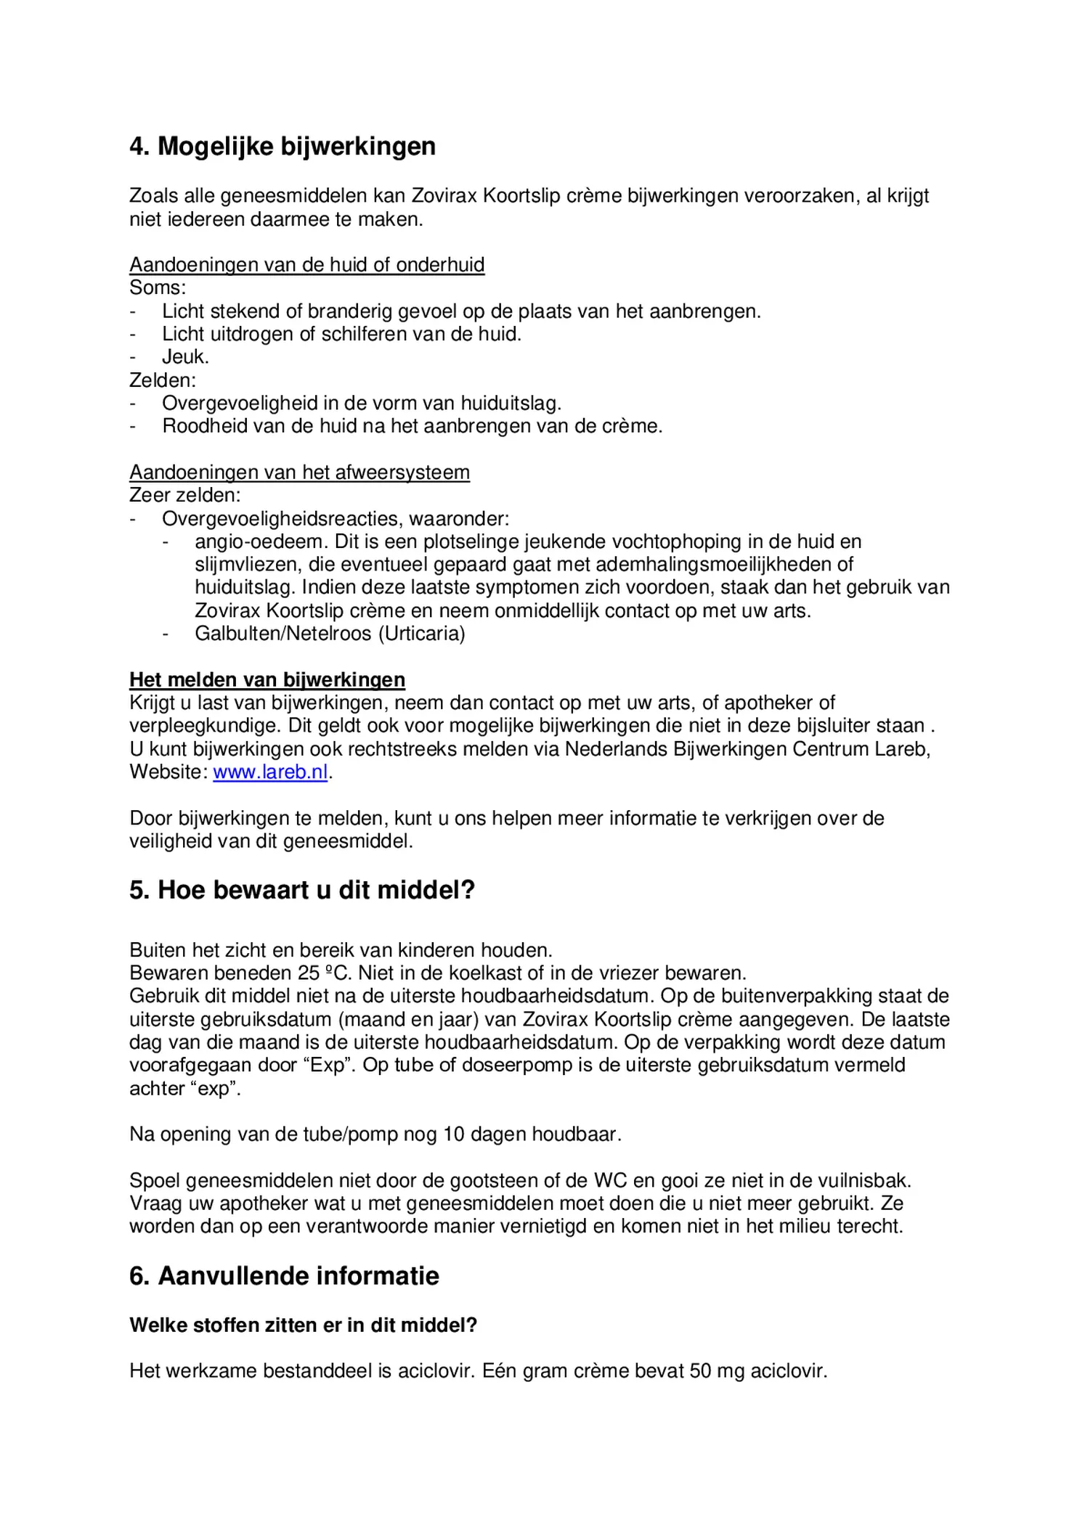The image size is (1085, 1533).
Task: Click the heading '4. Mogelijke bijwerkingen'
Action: point(283,147)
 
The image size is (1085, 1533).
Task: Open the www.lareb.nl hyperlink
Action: point(270,772)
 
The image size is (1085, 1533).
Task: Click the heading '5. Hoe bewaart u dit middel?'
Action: point(301,890)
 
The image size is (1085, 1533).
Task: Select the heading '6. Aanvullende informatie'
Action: point(284,1276)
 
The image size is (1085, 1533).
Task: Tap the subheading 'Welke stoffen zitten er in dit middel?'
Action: point(303,1325)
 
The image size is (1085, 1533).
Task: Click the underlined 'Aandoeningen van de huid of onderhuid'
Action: point(306,265)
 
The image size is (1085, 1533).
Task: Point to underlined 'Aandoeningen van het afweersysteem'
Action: point(299,473)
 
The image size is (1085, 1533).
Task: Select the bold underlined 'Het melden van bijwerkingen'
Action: point(267,680)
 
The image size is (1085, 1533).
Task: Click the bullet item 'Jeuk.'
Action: point(185,357)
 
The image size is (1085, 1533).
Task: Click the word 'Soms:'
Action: point(158,288)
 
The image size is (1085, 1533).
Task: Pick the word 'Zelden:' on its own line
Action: point(163,380)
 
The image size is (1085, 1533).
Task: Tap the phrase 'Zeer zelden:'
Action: point(184,496)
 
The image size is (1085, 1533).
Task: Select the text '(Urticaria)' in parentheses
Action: point(421,634)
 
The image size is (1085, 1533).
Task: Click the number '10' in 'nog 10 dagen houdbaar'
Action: point(453,1135)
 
